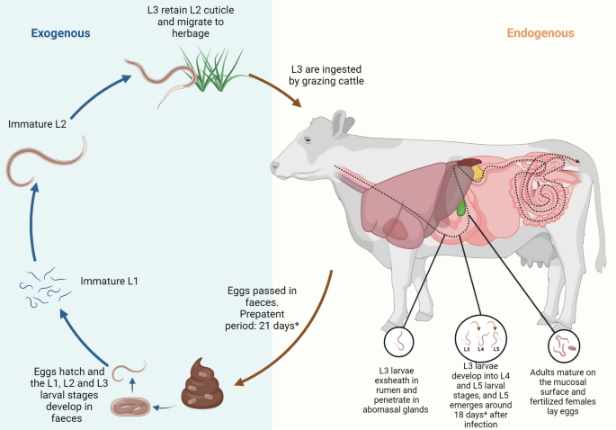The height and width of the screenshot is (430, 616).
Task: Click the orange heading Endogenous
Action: (540, 33)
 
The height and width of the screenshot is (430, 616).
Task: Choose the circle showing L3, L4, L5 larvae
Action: (478, 341)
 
